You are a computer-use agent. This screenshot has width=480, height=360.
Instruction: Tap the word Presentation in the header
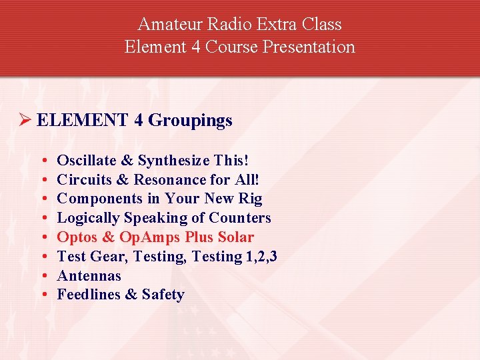pyautogui.click(x=313, y=47)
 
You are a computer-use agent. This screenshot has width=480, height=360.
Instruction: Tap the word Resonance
pyautogui.click(x=170, y=180)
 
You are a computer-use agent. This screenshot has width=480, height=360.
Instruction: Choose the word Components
pyautogui.click(x=98, y=199)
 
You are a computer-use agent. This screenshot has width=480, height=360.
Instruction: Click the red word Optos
pyautogui.click(x=77, y=237)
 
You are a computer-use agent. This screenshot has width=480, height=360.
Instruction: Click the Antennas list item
pyautogui.click(x=89, y=276)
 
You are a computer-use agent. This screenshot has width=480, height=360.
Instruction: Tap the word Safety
pyautogui.click(x=163, y=295)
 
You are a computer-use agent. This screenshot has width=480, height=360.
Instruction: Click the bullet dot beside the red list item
pyautogui.click(x=43, y=238)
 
